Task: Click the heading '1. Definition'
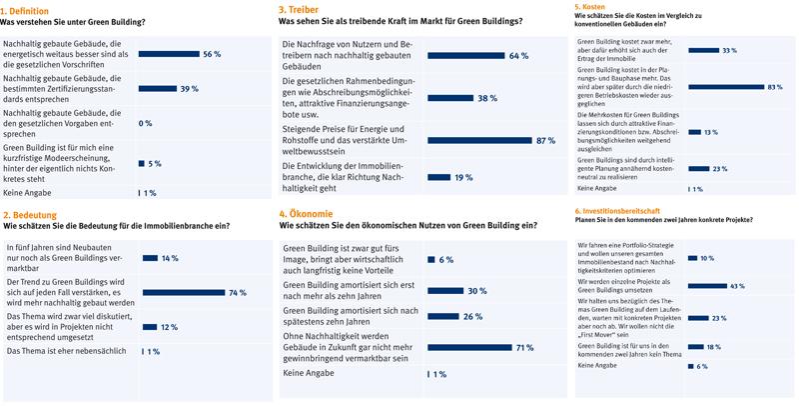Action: pos(30,9)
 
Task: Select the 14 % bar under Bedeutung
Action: pos(151,259)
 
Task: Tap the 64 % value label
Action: pos(518,56)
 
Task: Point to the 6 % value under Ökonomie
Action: pos(446,259)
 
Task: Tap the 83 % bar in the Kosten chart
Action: pos(728,88)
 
